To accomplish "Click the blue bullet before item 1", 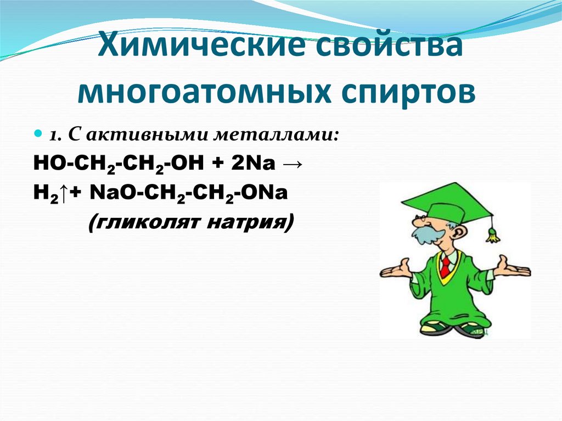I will (38, 134).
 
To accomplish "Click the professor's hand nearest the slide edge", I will (513, 268).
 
